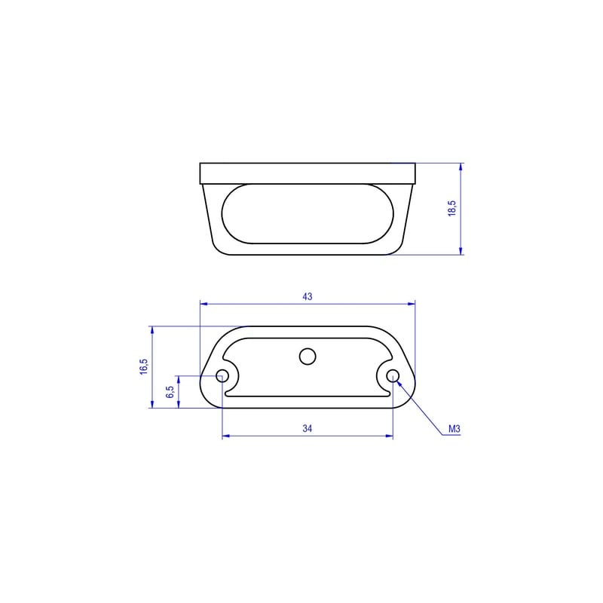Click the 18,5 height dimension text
coord(452,209)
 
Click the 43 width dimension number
coord(308,296)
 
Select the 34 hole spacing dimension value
coord(308,428)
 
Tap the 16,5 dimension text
coord(144,367)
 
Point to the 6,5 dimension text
coord(170,392)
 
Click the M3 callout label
coord(455,429)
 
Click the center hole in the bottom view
coord(308,357)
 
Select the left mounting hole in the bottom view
coord(222,375)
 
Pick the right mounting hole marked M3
coord(393,375)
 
